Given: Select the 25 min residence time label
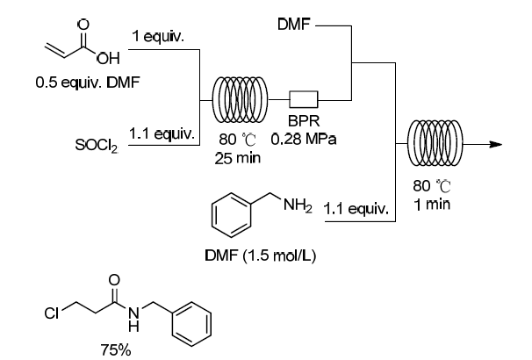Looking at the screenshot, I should pyautogui.click(x=241, y=157).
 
